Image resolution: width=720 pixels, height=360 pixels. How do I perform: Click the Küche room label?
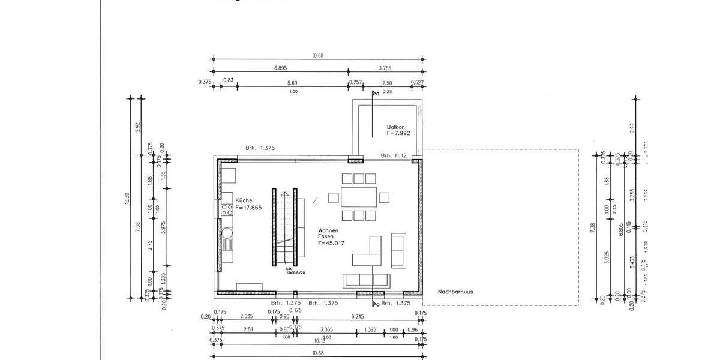244,200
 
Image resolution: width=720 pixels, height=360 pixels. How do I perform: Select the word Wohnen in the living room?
329,230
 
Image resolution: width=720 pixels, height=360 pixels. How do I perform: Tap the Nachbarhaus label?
455,292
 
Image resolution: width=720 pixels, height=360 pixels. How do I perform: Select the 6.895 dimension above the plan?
280,68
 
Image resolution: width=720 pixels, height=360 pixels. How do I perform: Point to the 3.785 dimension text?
386,68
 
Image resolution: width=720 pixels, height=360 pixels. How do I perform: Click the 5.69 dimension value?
292,83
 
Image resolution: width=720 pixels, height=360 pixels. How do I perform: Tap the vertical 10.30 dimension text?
127,198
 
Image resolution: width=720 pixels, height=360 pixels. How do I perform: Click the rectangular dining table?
359,197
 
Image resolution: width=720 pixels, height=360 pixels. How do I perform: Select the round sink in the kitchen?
227,232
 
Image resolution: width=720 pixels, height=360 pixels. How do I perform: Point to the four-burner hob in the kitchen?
227,209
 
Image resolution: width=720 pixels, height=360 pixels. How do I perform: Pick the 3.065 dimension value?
326,329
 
